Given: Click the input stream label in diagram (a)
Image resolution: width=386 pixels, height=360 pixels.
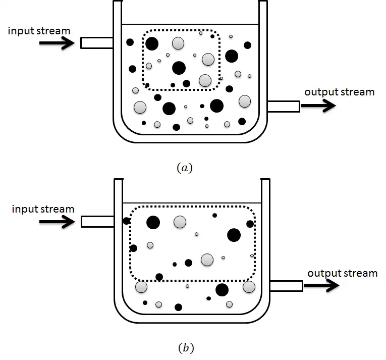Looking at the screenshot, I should [x=39, y=31].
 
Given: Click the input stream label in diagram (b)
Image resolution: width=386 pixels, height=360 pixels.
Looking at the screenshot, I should [x=43, y=209].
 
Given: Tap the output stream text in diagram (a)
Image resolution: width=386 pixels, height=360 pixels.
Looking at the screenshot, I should [x=339, y=92].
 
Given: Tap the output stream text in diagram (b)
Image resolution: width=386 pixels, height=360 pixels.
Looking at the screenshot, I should [x=342, y=273].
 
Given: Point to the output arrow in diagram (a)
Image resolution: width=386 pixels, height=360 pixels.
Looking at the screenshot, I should [x=318, y=106].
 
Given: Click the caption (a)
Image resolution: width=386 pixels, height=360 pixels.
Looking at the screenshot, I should [x=185, y=168].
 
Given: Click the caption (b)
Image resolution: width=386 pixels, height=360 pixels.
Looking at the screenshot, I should [x=186, y=347].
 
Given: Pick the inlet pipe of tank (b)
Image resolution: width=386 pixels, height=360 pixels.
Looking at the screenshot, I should [x=97, y=221].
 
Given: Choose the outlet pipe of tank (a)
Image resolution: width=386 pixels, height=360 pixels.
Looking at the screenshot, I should [x=283, y=106].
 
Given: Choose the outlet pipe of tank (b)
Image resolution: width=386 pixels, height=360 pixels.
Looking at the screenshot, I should [x=286, y=285].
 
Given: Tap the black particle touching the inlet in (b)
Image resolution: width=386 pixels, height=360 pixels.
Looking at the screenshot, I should [x=126, y=221].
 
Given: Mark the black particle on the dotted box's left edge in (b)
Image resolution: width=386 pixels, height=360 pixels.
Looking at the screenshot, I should [x=133, y=248].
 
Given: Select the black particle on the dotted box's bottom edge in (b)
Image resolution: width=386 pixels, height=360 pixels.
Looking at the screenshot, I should [x=159, y=277].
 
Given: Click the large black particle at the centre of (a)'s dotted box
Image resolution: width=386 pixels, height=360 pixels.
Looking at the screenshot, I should [x=179, y=68].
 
